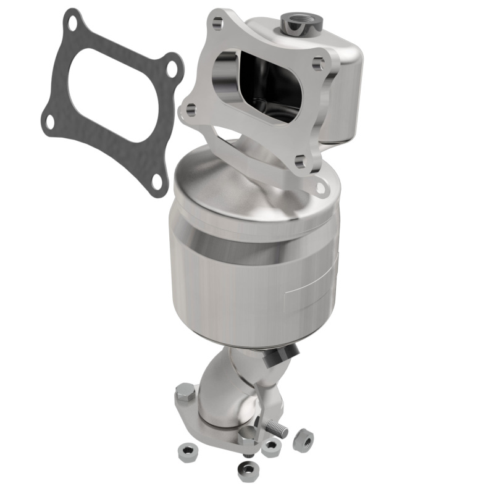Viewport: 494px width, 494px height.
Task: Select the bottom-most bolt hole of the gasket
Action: coord(157,181)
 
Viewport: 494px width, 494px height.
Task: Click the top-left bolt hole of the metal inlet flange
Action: coord(217,24)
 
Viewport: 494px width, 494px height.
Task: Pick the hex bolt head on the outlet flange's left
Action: coord(186,392)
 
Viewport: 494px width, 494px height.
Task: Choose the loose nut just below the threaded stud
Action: coord(270,447)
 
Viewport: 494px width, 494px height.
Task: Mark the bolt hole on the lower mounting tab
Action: coord(320,185)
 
